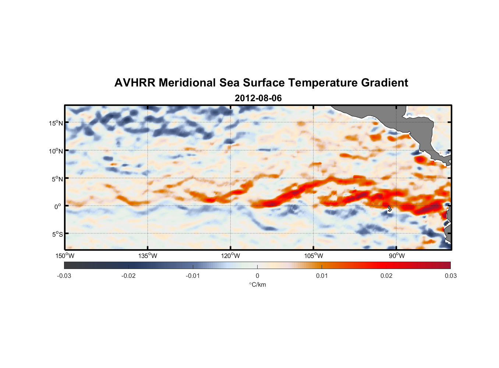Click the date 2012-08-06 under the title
click(258, 98)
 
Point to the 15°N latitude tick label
click(56, 123)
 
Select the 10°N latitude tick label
click(56, 151)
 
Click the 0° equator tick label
click(58, 206)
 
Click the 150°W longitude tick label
click(65, 256)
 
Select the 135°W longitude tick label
click(148, 256)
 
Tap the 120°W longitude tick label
click(230, 256)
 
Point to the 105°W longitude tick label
click(314, 256)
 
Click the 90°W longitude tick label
click(397, 256)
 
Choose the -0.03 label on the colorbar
click(64, 276)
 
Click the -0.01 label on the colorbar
click(193, 276)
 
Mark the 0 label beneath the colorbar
click(257, 276)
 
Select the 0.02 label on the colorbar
click(386, 276)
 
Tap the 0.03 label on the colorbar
click(450, 276)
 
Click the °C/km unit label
click(258, 284)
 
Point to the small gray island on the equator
click(390, 209)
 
